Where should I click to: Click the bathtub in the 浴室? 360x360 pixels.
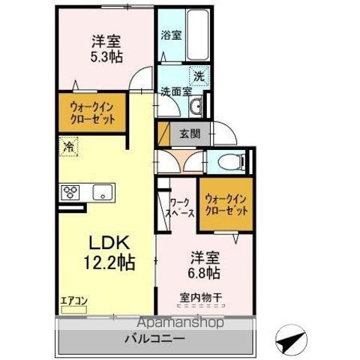(x=197, y=34)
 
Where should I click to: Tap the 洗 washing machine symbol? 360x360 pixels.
(x=199, y=76)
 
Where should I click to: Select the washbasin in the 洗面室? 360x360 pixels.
(x=195, y=107)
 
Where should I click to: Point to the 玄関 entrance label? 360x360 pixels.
(x=190, y=134)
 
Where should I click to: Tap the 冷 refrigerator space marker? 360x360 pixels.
(x=68, y=146)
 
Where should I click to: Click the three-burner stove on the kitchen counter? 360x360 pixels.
(x=70, y=192)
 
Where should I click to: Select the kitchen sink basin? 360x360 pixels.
(x=103, y=192)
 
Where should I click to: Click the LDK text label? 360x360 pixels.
(x=109, y=243)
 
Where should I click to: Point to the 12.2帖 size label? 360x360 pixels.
(x=109, y=262)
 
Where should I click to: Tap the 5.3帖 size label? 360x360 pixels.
(x=106, y=57)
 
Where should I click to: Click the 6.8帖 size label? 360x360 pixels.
(x=205, y=273)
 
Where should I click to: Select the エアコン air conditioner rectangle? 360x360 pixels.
(x=74, y=310)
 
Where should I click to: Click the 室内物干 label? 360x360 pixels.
(x=201, y=298)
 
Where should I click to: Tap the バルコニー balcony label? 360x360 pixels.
(x=155, y=339)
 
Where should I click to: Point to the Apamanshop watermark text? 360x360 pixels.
(x=181, y=322)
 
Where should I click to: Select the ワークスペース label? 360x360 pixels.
(x=181, y=207)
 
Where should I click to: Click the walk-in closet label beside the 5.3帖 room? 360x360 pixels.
(x=92, y=113)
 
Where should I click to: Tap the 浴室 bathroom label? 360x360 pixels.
(x=171, y=35)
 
